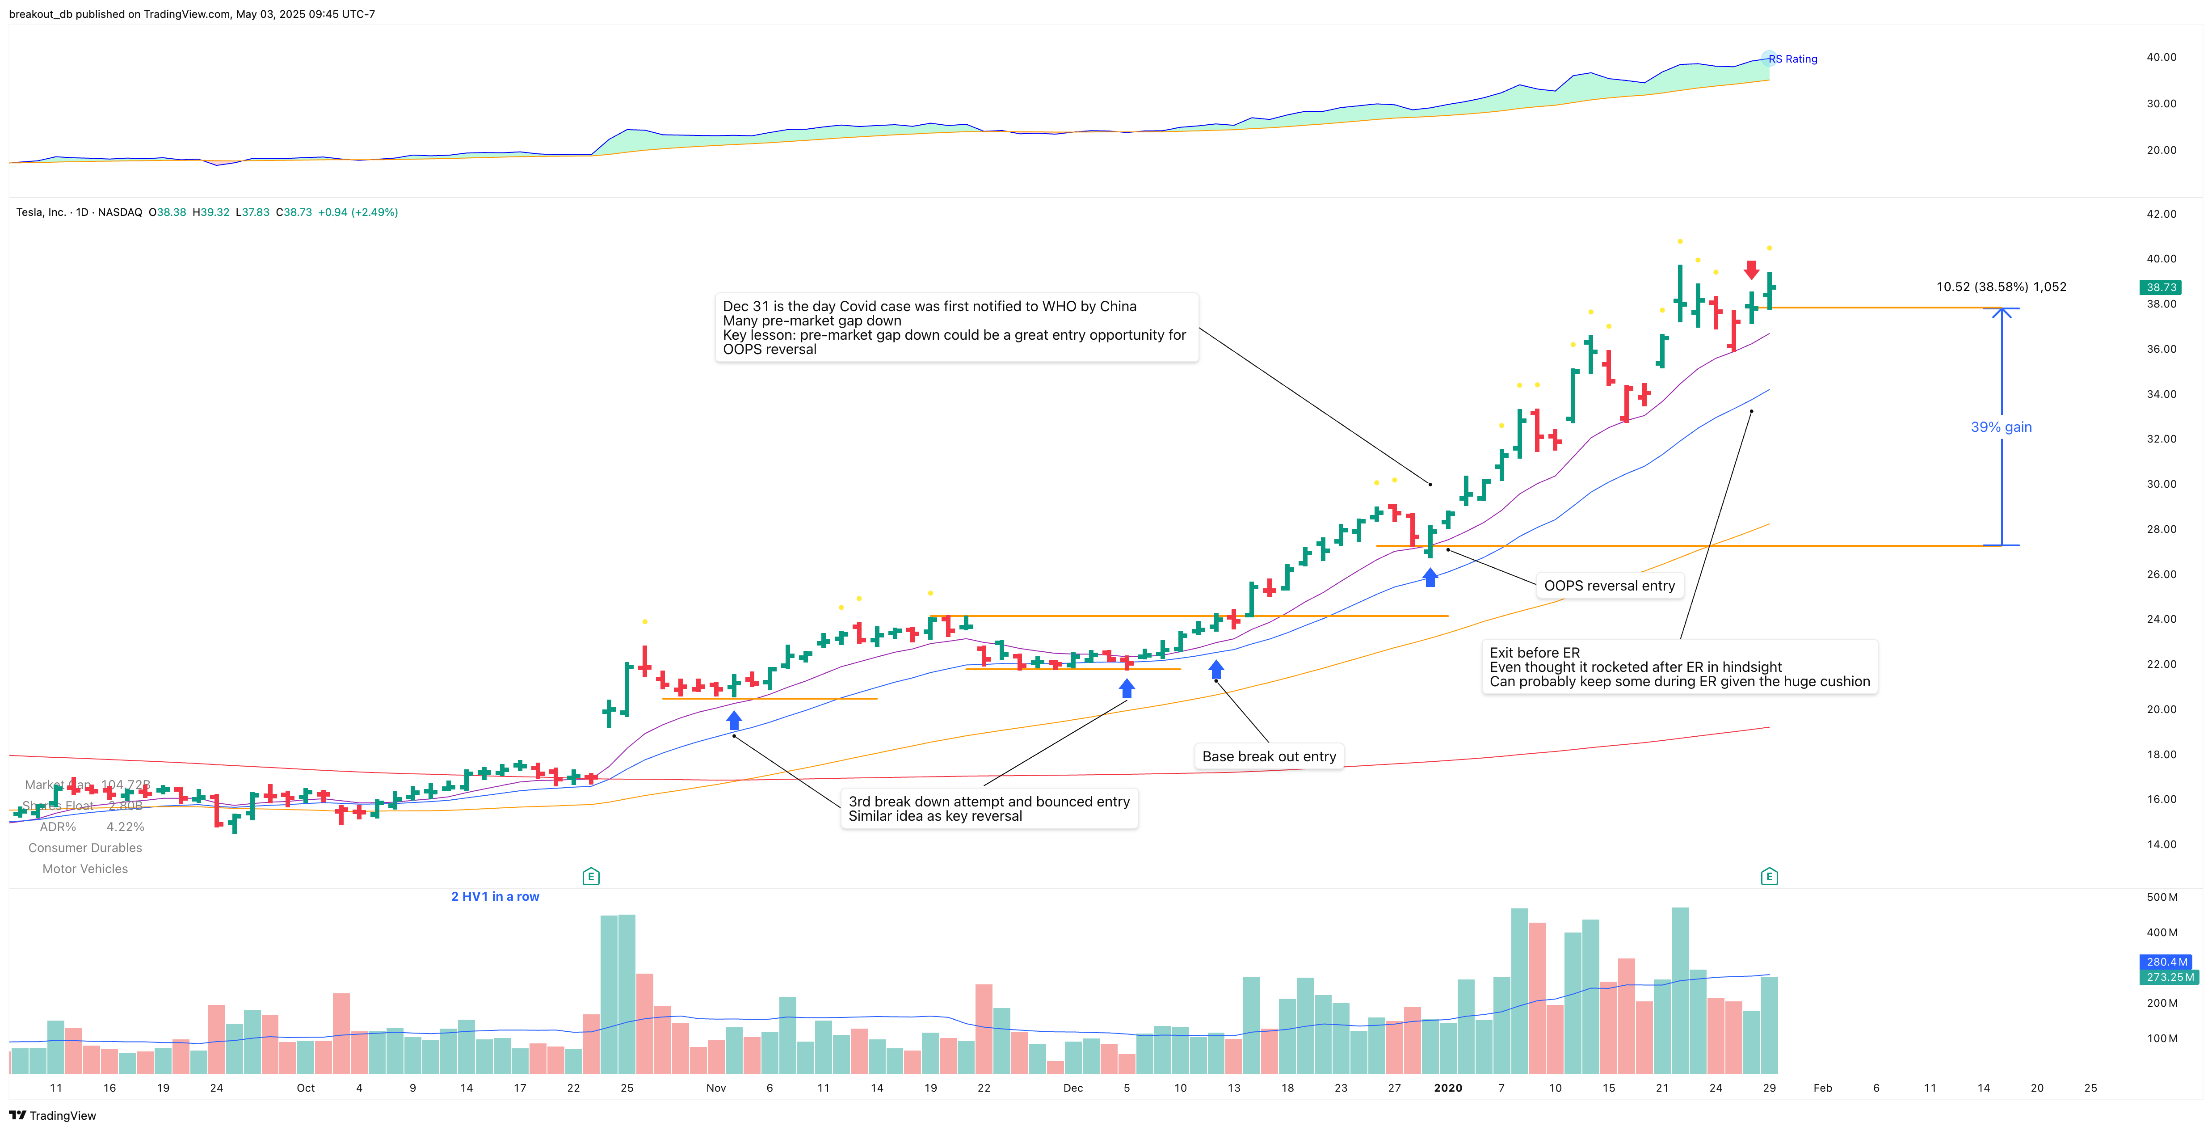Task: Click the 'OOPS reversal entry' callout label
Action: coord(1609,586)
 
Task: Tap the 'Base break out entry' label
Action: coord(1268,756)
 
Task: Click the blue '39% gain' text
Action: coord(2001,427)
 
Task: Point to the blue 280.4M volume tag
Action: coord(2166,962)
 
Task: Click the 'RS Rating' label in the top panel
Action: coord(1793,59)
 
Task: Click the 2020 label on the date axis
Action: coord(1448,1088)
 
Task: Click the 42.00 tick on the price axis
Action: coord(2161,214)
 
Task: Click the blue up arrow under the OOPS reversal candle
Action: coord(1430,578)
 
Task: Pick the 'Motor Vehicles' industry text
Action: coord(85,869)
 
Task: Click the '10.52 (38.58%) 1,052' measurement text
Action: coord(2001,287)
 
